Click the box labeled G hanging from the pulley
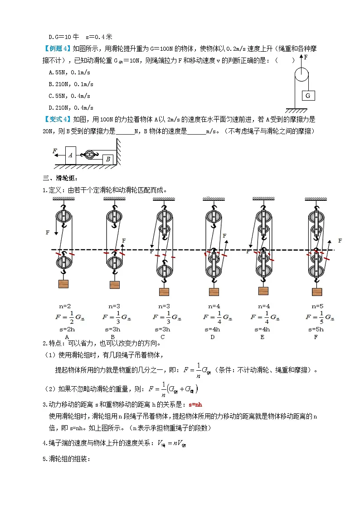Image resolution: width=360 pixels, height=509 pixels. (x=308, y=96)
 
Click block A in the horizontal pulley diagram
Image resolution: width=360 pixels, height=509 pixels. (x=70, y=155)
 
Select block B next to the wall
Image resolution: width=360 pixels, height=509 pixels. (x=107, y=159)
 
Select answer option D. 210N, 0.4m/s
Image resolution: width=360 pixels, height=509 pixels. (x=71, y=108)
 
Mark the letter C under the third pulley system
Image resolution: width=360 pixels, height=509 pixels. (x=162, y=337)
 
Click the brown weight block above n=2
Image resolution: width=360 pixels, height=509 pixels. (x=63, y=284)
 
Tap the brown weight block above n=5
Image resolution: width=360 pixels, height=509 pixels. (x=317, y=291)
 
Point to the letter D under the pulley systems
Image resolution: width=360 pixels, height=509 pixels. (x=212, y=337)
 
